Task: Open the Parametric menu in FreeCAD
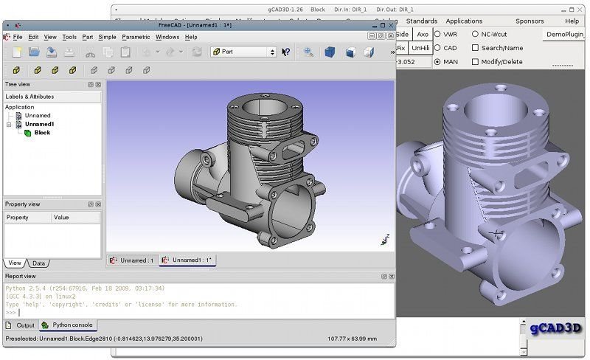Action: tap(136, 37)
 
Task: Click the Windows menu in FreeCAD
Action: tap(167, 37)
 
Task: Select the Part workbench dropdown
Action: tap(243, 52)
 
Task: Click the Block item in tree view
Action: tap(42, 133)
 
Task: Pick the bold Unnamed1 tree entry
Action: tap(38, 124)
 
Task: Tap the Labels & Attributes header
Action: tap(29, 97)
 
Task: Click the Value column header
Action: tap(61, 218)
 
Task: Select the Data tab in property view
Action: tap(38, 263)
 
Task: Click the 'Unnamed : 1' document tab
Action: tap(133, 260)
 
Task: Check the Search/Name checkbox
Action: tap(475, 48)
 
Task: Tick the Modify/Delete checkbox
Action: tap(475, 62)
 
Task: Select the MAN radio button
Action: tap(437, 62)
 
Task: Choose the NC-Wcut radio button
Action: tap(475, 34)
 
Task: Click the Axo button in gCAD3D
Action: tap(422, 34)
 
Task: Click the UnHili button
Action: tap(420, 48)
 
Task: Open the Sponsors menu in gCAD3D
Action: tap(530, 21)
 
